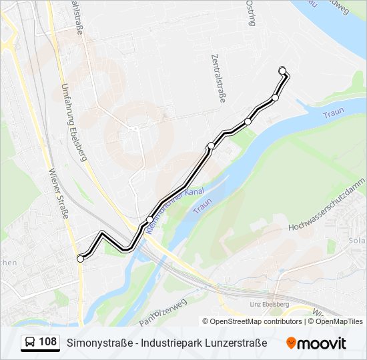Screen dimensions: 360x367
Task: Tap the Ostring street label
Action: point(250,13)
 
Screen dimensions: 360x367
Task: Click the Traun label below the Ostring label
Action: point(332,113)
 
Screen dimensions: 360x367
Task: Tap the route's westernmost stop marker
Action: point(81,259)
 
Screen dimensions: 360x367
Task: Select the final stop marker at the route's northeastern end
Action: point(282,70)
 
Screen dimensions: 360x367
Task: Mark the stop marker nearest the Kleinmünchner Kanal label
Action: point(150,219)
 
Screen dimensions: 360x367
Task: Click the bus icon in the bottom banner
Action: point(30,343)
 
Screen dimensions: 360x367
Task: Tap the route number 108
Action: point(47,342)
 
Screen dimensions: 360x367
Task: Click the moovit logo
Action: point(316,343)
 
